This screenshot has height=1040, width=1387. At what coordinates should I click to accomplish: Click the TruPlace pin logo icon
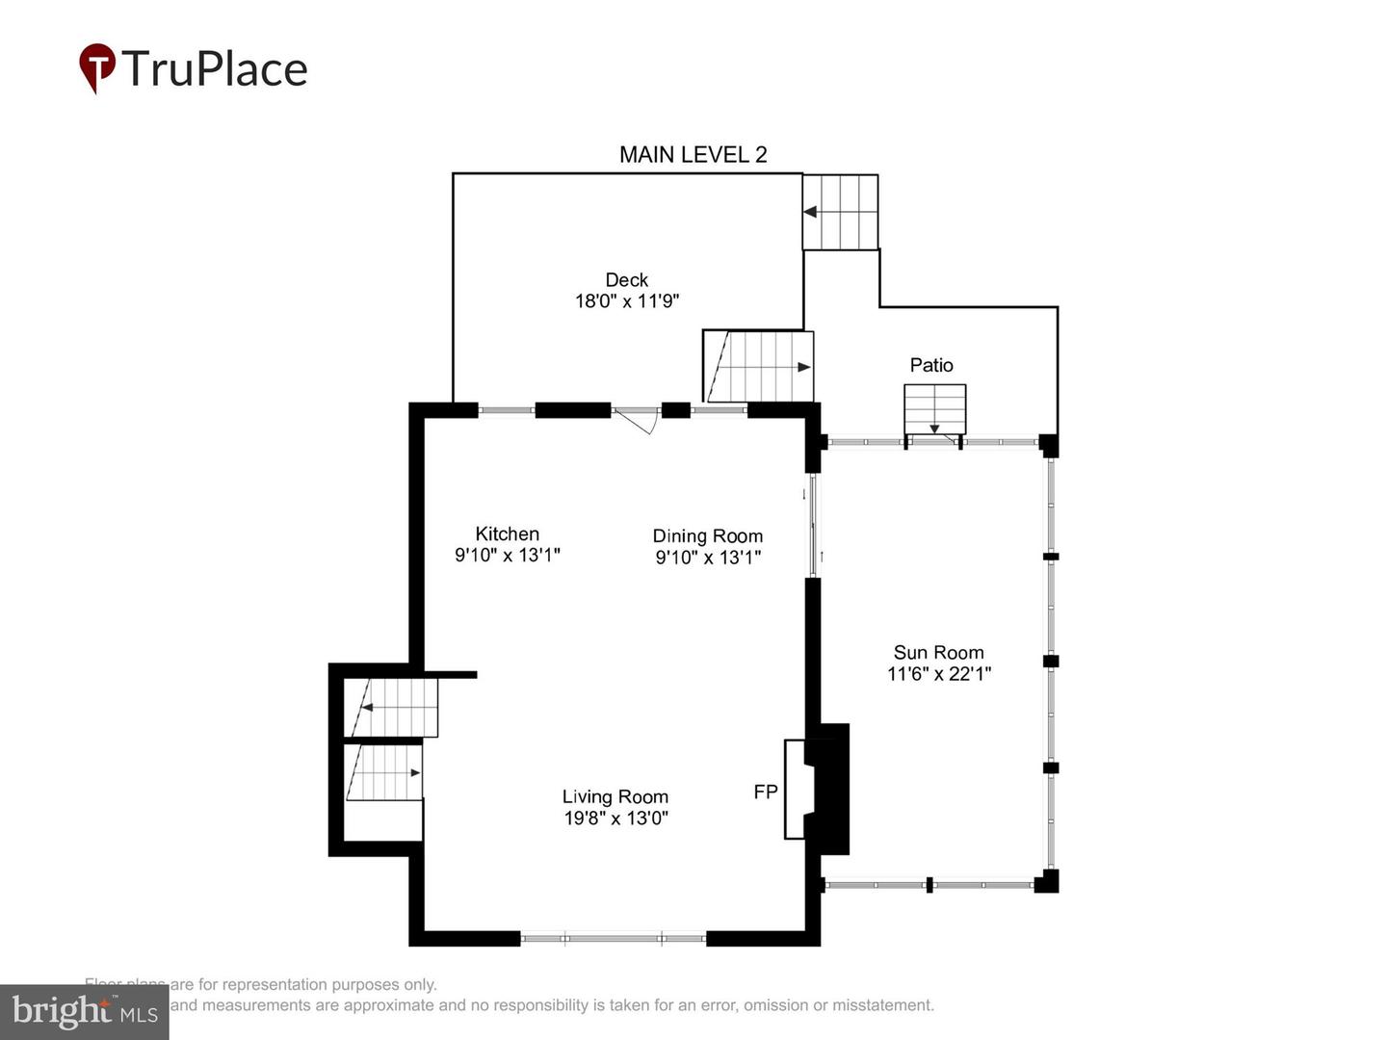click(x=96, y=68)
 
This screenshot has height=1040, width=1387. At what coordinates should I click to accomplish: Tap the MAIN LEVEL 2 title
click(x=693, y=155)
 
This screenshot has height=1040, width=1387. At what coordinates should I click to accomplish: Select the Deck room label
click(x=626, y=280)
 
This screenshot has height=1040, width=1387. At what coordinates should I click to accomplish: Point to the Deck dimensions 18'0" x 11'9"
click(x=627, y=301)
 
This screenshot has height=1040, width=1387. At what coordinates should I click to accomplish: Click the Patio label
click(x=931, y=365)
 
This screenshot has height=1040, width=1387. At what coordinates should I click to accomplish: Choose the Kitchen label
click(x=507, y=533)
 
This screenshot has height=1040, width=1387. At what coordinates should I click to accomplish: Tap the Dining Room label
click(x=707, y=536)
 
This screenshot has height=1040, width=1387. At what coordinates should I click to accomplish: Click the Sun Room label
click(x=938, y=653)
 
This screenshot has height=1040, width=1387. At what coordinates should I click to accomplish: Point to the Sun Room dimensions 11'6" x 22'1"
click(x=938, y=674)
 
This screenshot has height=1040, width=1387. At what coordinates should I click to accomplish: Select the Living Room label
click(x=615, y=797)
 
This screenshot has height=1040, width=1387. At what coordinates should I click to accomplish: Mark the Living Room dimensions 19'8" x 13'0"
click(x=615, y=819)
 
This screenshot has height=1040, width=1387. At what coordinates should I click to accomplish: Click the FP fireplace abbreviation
click(x=766, y=793)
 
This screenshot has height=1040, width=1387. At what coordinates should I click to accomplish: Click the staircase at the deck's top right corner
click(x=841, y=212)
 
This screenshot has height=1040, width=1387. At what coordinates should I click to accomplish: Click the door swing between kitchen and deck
click(x=636, y=420)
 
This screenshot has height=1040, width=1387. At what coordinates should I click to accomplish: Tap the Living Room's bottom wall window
click(x=614, y=938)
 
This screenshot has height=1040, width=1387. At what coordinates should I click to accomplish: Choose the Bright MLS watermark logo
click(x=84, y=1012)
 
